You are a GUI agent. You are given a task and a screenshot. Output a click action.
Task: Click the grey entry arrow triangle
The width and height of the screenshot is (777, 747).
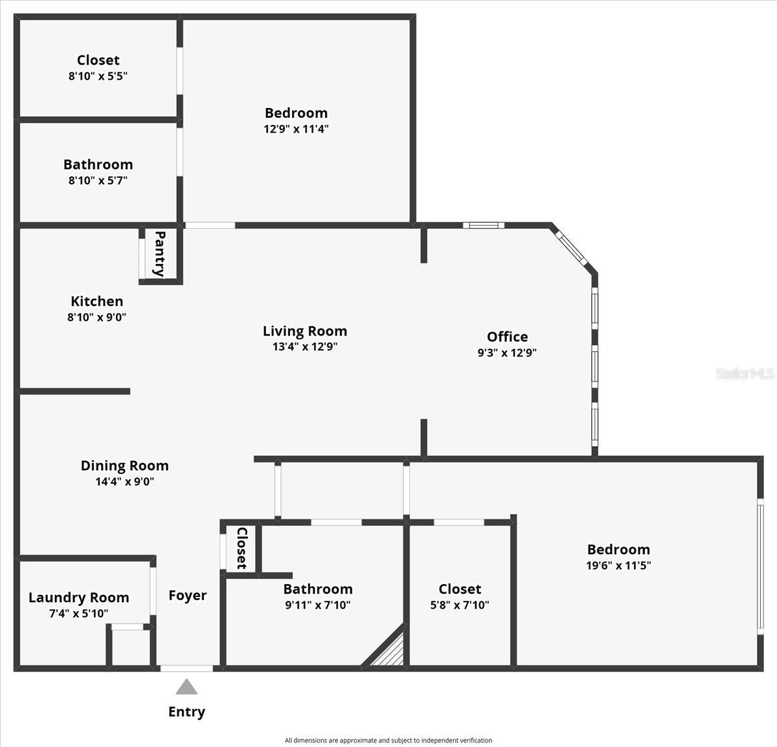click(x=186, y=687)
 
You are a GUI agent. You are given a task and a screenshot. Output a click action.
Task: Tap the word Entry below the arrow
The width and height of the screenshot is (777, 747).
click(x=186, y=712)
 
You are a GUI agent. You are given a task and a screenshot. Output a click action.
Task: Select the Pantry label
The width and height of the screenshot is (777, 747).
click(x=159, y=254)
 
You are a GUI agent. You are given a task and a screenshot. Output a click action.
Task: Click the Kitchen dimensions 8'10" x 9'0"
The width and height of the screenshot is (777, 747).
click(x=97, y=318)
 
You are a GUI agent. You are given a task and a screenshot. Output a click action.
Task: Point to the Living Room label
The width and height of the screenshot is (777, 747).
click(x=305, y=331)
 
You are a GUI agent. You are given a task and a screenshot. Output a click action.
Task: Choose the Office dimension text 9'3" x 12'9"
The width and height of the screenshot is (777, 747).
click(x=507, y=353)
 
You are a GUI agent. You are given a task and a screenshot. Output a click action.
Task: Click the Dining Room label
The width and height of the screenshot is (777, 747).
click(x=124, y=466)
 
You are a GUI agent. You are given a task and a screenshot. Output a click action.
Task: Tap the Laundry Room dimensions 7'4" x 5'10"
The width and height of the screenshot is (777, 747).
click(x=79, y=614)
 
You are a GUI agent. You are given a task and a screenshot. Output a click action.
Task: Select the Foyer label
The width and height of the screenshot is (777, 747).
click(x=188, y=596)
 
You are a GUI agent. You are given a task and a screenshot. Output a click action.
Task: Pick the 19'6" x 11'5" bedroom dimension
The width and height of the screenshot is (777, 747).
click(x=618, y=566)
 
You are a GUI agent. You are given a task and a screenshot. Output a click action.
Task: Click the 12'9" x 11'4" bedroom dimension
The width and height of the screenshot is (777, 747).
click(x=296, y=129)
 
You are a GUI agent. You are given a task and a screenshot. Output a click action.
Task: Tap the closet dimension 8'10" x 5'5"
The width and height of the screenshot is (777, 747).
click(x=98, y=76)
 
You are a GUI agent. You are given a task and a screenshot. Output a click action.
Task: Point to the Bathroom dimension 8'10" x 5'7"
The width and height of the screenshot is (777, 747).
click(x=98, y=181)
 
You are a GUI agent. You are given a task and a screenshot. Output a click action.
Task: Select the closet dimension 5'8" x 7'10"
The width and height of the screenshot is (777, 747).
click(x=460, y=605)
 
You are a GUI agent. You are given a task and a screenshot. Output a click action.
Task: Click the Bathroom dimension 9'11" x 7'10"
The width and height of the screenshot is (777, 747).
click(x=318, y=605)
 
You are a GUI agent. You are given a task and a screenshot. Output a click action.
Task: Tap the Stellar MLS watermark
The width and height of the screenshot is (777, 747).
click(x=745, y=373)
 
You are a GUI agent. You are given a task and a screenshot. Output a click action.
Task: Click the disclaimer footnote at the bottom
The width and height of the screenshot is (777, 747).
click(x=388, y=741)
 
